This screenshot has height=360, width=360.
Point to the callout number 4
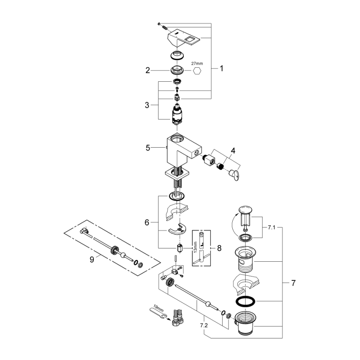tap(233, 151)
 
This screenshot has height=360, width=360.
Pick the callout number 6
tap(146, 222)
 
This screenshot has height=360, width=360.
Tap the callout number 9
tap(92, 259)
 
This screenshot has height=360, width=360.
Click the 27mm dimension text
tap(197, 63)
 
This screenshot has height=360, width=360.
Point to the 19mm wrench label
tap(158, 308)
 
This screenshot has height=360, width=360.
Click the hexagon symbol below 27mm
tap(197, 71)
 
